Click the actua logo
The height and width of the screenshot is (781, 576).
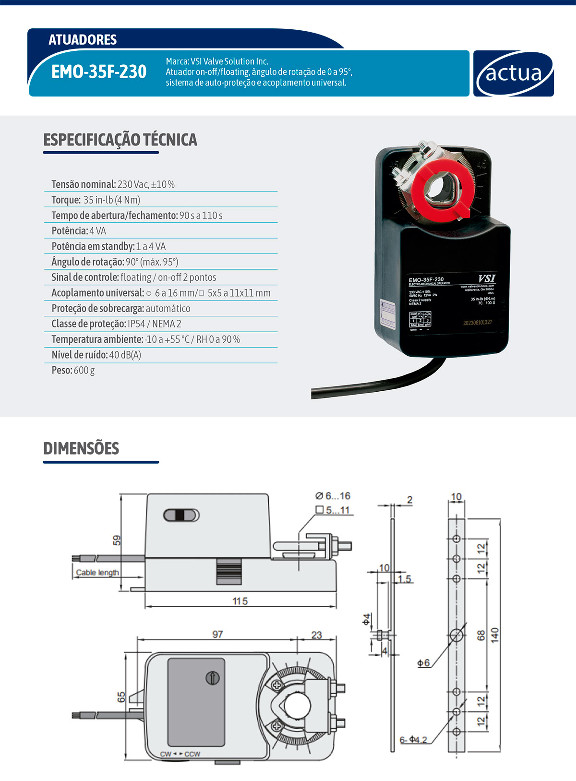(514, 73)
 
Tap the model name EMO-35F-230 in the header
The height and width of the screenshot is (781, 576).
(99, 72)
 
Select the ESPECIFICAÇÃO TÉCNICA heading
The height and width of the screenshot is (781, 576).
(120, 140)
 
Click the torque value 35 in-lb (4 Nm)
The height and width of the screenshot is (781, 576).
(112, 200)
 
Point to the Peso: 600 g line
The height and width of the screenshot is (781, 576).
(73, 370)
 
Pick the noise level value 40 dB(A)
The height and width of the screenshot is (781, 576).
(125, 355)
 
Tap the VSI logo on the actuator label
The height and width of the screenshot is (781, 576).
(486, 278)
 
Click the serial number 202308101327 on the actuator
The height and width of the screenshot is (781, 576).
(477, 323)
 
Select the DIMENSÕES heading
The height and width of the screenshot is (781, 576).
(81, 448)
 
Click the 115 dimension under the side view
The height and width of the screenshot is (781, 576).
(240, 601)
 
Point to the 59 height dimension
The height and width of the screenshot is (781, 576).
(117, 541)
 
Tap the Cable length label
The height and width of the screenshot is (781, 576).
(97, 572)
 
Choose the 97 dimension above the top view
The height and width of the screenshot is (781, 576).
(217, 634)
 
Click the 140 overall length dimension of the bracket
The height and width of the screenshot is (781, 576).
(495, 635)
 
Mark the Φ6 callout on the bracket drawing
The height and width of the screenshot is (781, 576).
(423, 663)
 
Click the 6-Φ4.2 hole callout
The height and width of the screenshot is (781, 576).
(413, 740)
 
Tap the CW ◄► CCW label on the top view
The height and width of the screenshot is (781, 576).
(180, 754)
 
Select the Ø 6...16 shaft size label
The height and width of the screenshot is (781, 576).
(333, 496)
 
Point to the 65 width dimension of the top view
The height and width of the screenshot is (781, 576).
(121, 697)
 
